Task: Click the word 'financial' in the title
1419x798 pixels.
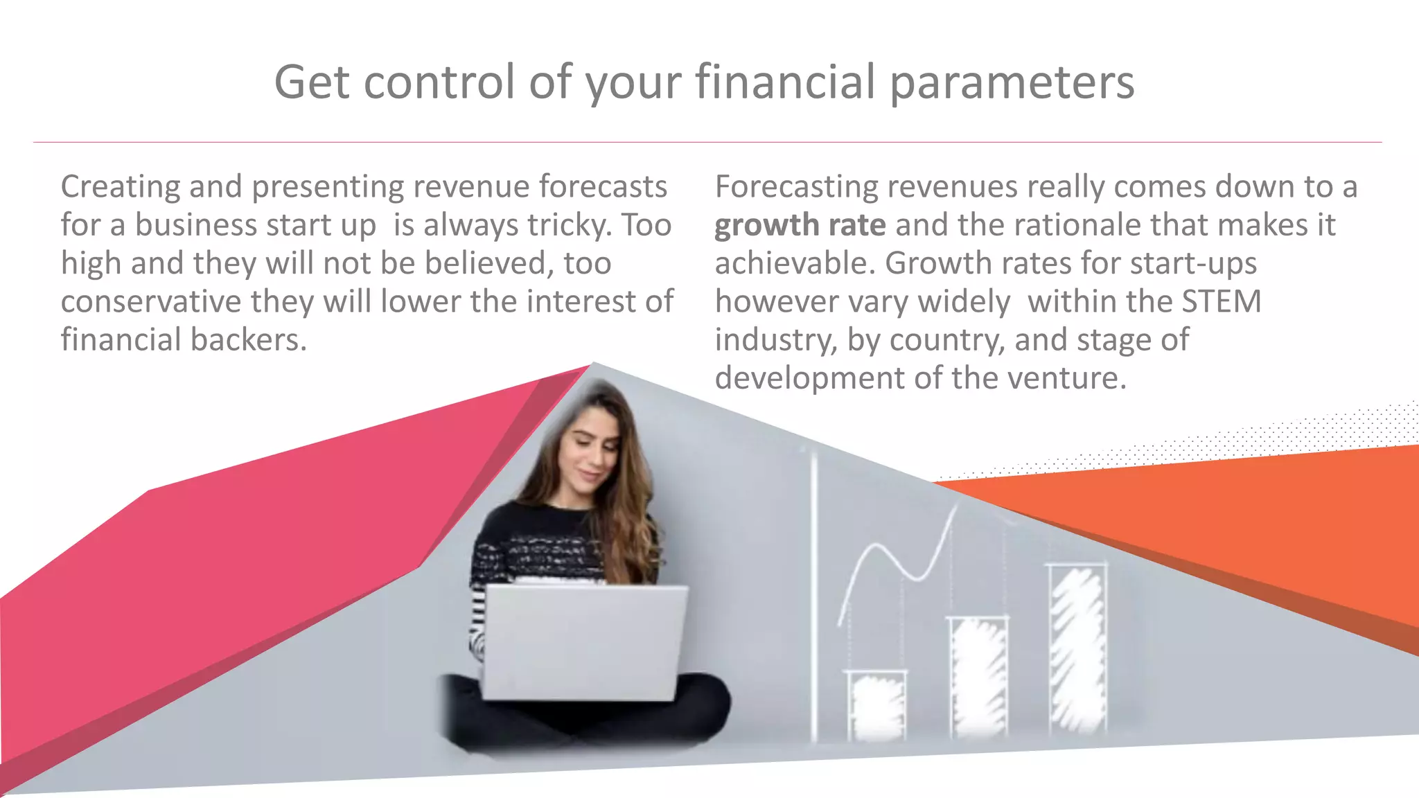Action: [x=785, y=82]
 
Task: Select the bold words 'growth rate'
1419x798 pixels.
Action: [x=800, y=225]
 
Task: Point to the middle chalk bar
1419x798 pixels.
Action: [x=978, y=675]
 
